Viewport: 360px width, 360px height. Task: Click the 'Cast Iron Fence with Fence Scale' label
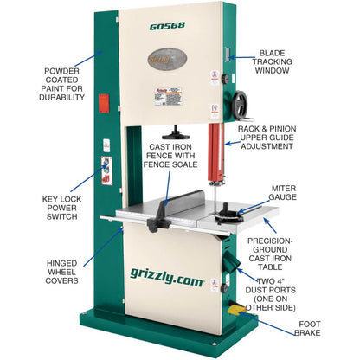click(178, 164)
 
